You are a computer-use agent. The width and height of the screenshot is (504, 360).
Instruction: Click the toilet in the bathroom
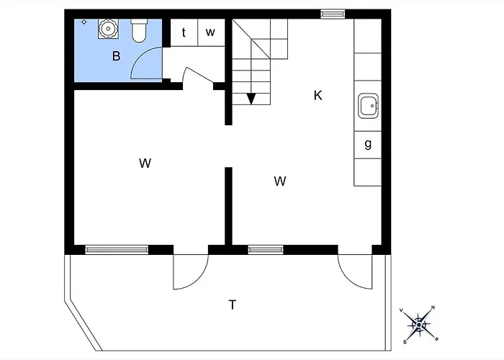pyautogui.click(x=139, y=31)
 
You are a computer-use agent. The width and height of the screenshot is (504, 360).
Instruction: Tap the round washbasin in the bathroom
pyautogui.click(x=108, y=29)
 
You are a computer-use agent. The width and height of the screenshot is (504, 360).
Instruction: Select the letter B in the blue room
pyautogui.click(x=117, y=56)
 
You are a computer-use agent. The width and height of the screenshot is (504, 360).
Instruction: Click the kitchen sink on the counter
pyautogui.click(x=369, y=105)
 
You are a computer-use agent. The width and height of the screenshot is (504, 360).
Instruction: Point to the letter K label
pyautogui.click(x=318, y=96)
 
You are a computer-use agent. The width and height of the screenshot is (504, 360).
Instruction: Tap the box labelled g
pyautogui.click(x=368, y=145)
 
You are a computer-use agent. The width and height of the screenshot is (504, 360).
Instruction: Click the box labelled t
pyautogui.click(x=184, y=32)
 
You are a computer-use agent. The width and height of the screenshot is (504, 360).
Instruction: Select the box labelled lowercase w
pyautogui.click(x=211, y=32)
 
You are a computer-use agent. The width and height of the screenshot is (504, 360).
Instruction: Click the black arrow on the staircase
pyautogui.click(x=251, y=99)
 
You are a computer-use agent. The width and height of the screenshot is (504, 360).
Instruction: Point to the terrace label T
pyautogui.click(x=233, y=305)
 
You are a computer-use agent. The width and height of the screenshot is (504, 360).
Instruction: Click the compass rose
pyautogui.click(x=419, y=325)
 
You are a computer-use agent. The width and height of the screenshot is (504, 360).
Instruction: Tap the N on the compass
pyautogui.click(x=433, y=307)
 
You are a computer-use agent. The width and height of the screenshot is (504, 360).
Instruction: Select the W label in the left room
pyautogui.click(x=145, y=163)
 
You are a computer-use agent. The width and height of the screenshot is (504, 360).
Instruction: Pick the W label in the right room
pyautogui.click(x=280, y=181)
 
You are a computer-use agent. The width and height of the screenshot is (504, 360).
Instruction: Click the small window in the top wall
pyautogui.click(x=333, y=14)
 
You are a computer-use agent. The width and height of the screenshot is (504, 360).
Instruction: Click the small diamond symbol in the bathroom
pyautogui.click(x=84, y=22)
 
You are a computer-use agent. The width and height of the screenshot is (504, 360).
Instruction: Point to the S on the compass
pyautogui.click(x=405, y=342)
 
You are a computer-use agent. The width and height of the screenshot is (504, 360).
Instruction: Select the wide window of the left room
pyautogui.click(x=117, y=250)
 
